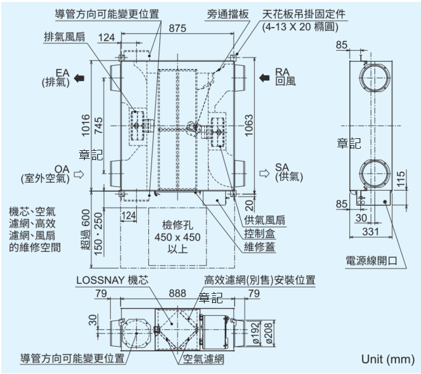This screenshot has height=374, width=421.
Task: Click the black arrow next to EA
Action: (80, 78)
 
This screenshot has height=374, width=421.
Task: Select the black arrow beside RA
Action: (264, 78)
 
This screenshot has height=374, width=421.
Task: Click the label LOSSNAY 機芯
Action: (112, 280)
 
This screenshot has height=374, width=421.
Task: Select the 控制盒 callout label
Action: (259, 233)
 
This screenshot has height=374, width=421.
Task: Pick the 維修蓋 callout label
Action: (259, 246)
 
